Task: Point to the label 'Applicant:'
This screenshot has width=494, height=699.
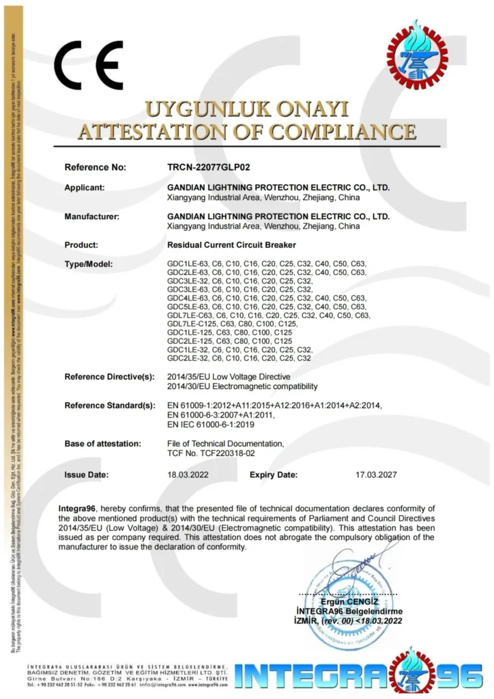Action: click(85, 188)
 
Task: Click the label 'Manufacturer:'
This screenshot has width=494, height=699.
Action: click(91, 216)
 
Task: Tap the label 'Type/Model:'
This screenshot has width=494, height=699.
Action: click(88, 263)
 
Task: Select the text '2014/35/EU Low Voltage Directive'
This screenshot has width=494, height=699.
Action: click(229, 377)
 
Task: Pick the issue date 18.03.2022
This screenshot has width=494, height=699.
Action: click(188, 474)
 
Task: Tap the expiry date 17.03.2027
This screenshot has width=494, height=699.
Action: click(376, 474)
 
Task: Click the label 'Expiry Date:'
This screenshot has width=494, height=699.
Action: click(274, 474)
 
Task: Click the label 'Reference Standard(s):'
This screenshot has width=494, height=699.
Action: click(109, 405)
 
